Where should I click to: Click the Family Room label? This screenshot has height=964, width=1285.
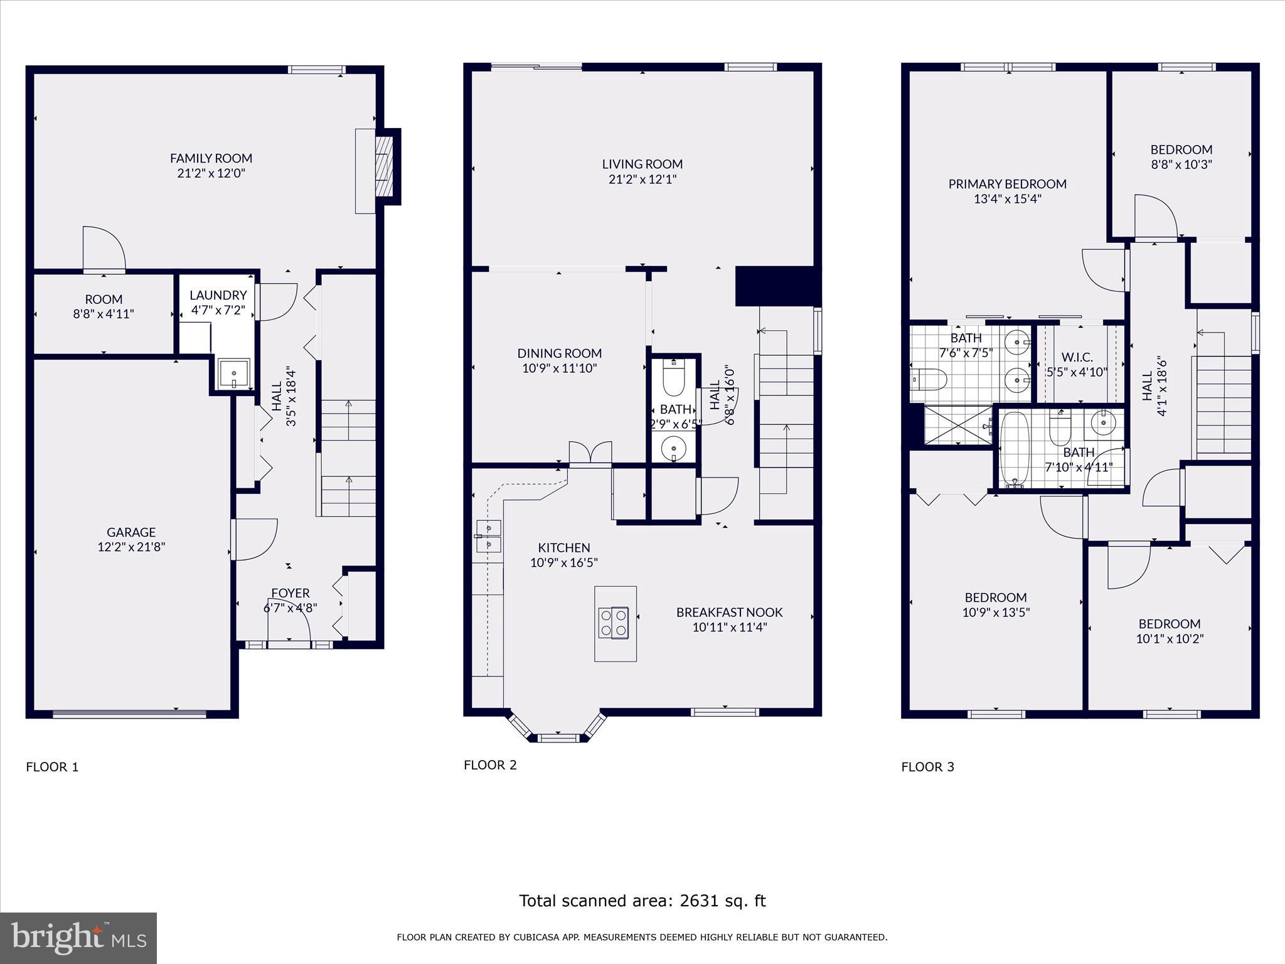[x=211, y=158]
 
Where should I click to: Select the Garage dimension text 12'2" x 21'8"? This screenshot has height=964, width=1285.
[x=131, y=547]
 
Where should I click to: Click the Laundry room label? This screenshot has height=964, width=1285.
[x=218, y=295]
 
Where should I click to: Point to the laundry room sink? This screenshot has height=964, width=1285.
[x=233, y=374]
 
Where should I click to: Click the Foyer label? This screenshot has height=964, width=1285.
[x=290, y=593]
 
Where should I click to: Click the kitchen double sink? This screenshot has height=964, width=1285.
[x=488, y=536]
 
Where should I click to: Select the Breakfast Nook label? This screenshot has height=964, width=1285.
[x=729, y=612]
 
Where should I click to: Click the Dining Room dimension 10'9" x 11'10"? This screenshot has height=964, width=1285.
[x=559, y=368]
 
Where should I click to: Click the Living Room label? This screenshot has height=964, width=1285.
[x=642, y=164]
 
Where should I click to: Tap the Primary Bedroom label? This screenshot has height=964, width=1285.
[x=1007, y=184]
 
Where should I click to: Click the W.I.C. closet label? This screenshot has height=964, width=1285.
[x=1077, y=357]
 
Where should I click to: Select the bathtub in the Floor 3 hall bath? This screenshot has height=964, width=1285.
[x=1011, y=448]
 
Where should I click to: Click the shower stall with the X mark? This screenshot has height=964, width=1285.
[x=958, y=426]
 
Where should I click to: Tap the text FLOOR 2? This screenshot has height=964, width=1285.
[x=490, y=764]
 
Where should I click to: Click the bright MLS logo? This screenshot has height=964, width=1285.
[x=78, y=938]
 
